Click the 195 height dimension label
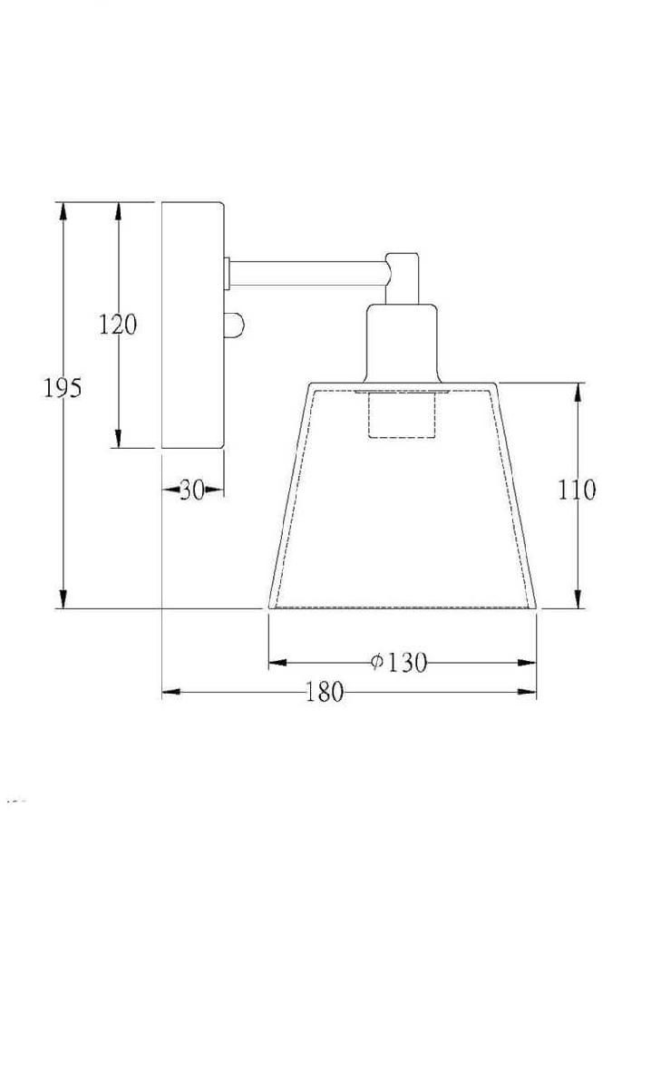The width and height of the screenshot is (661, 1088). click(63, 388)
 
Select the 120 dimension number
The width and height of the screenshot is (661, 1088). click(118, 325)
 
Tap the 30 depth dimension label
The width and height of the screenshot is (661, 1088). click(192, 490)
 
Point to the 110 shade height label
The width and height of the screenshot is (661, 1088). click(577, 490)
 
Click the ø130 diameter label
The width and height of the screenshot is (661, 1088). click(399, 662)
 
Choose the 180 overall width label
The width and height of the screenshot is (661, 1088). click(325, 692)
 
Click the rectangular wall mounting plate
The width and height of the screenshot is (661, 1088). click(193, 325)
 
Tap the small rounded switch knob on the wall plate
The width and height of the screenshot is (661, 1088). click(234, 325)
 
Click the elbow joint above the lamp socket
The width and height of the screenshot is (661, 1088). click(403, 277)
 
